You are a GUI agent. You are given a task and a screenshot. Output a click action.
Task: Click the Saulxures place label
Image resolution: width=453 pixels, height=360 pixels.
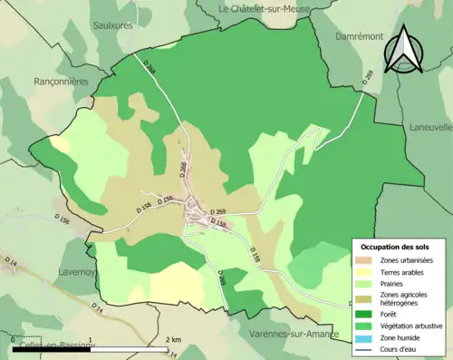[113, 25]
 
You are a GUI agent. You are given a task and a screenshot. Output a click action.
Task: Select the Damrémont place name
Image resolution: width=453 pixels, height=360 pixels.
[360, 35]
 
